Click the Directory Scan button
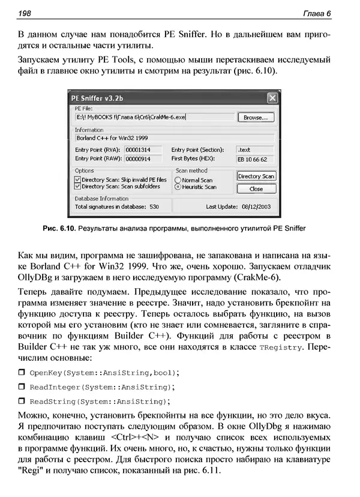pos(256,176)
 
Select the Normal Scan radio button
pos(178,180)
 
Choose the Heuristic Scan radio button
pos(178,187)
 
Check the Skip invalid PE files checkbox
pos(77,179)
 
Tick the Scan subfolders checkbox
pos(77,187)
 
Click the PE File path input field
pos(153,118)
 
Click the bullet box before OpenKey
pos(22,373)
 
